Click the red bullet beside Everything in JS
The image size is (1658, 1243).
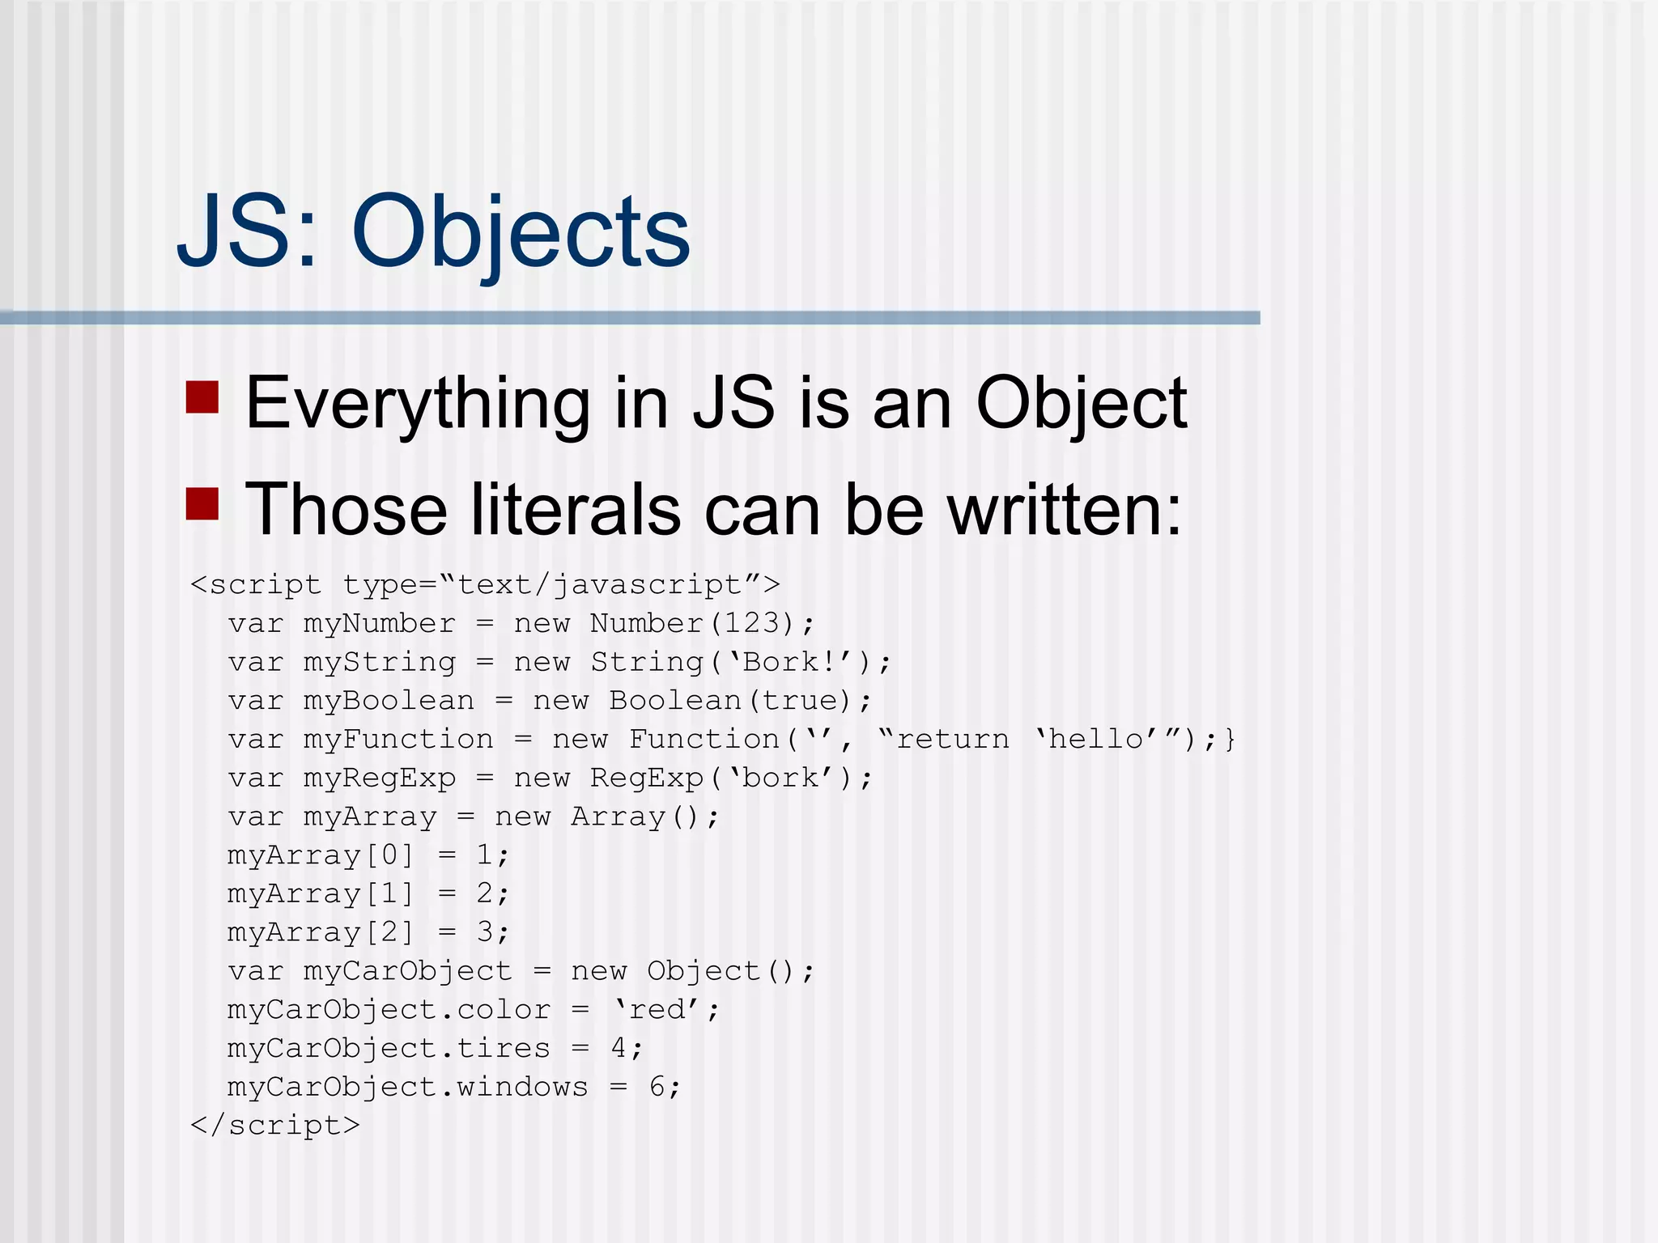coord(202,397)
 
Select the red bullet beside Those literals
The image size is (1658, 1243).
coord(202,503)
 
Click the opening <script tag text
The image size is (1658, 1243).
coord(256,584)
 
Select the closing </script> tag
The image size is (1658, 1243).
coord(274,1125)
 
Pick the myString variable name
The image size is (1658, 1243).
coord(380,662)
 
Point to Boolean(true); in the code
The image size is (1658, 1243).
coord(740,701)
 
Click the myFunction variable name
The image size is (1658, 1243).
coord(398,739)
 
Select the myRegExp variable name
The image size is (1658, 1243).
coord(380,778)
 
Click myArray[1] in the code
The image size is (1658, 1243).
coord(321,893)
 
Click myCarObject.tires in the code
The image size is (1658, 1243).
coord(389,1048)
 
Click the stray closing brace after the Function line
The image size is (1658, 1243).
coord(1230,739)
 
